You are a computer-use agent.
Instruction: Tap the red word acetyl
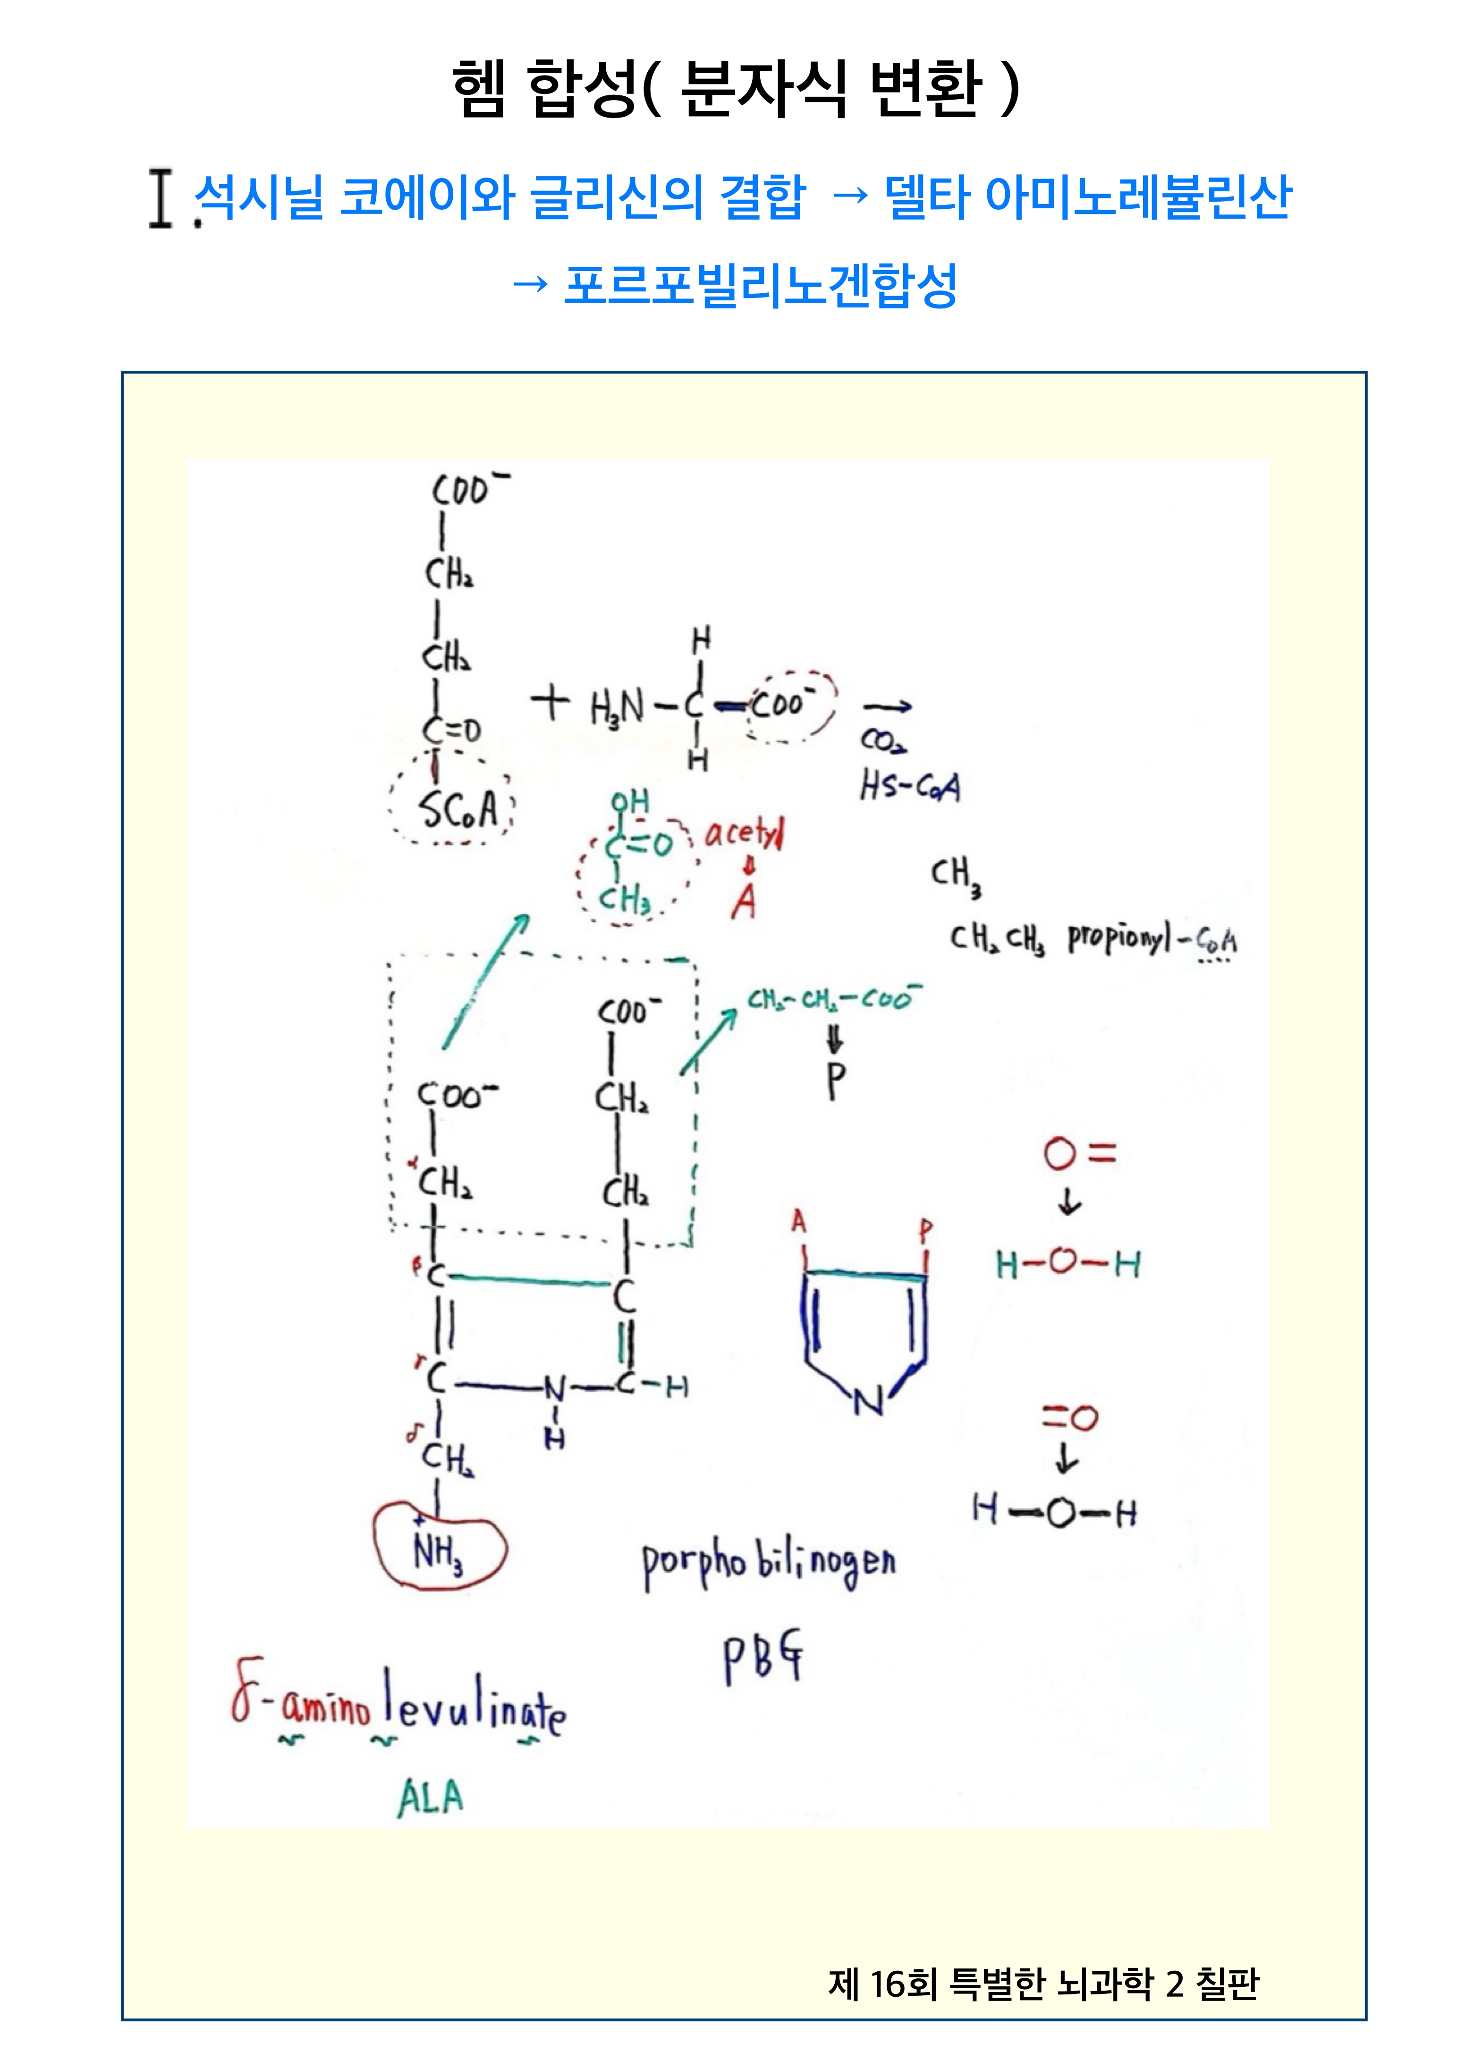point(744,835)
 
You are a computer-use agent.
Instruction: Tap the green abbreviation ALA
point(431,1798)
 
